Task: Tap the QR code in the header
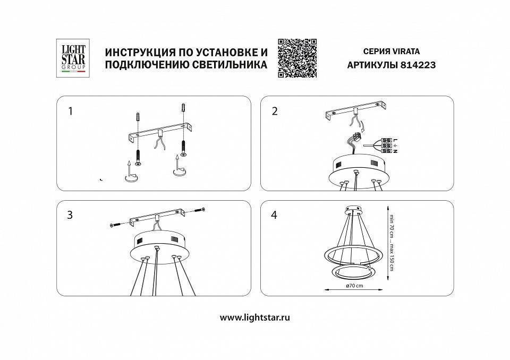click(297, 58)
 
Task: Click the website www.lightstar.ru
click(255, 318)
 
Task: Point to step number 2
click(275, 111)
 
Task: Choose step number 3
click(70, 216)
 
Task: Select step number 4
click(275, 216)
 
